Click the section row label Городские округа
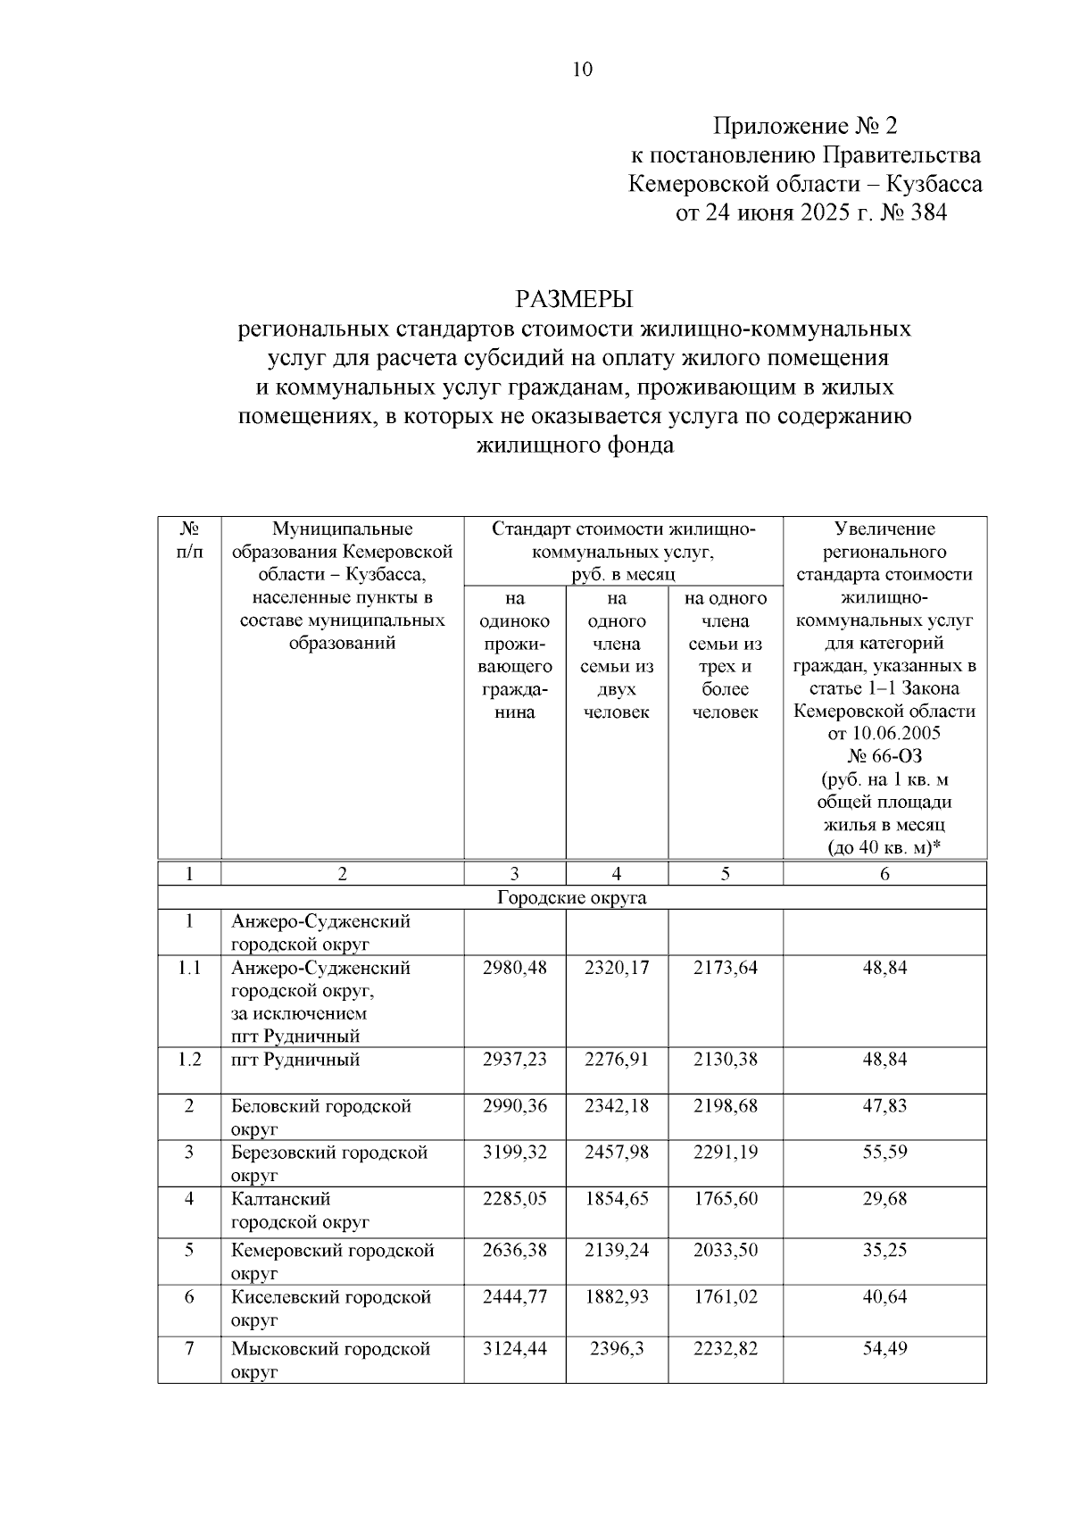pyautogui.click(x=571, y=897)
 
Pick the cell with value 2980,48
pyautogui.click(x=514, y=968)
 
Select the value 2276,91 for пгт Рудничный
pyautogui.click(x=616, y=1060)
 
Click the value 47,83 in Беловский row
pyautogui.click(x=884, y=1106)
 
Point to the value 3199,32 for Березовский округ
pyautogui.click(x=514, y=1153)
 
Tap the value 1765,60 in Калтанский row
pyautogui.click(x=725, y=1199)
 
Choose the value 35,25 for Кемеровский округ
pyautogui.click(x=884, y=1251)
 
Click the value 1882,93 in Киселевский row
pyautogui.click(x=616, y=1296)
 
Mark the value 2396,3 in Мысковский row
pyautogui.click(x=616, y=1349)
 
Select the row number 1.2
pyautogui.click(x=189, y=1060)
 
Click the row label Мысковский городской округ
pyautogui.click(x=331, y=1360)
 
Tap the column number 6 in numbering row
pyautogui.click(x=884, y=875)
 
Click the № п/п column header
pyautogui.click(x=189, y=541)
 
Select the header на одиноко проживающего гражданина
pyautogui.click(x=514, y=655)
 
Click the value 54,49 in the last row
pyautogui.click(x=884, y=1349)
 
